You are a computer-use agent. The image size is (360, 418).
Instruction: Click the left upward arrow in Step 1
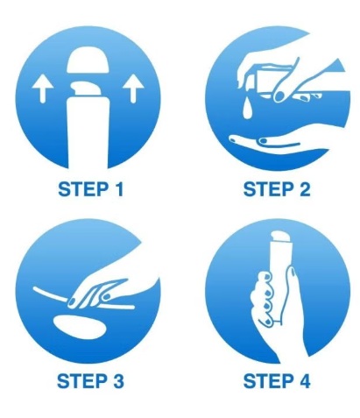click(x=43, y=88)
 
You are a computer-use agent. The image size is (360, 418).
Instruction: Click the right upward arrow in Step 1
click(x=133, y=88)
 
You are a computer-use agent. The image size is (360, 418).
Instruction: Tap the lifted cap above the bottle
click(x=88, y=60)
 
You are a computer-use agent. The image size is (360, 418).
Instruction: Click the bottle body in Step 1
click(x=88, y=133)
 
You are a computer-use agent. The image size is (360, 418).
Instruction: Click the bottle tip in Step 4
click(x=281, y=237)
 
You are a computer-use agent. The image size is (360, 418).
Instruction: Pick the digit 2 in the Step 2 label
click(x=303, y=188)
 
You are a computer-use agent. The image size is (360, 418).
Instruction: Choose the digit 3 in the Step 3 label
click(x=117, y=381)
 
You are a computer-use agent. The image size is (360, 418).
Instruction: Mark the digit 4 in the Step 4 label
click(x=303, y=381)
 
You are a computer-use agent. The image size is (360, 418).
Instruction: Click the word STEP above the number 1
click(x=82, y=189)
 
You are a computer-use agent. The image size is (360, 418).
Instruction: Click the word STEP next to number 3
click(x=81, y=381)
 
